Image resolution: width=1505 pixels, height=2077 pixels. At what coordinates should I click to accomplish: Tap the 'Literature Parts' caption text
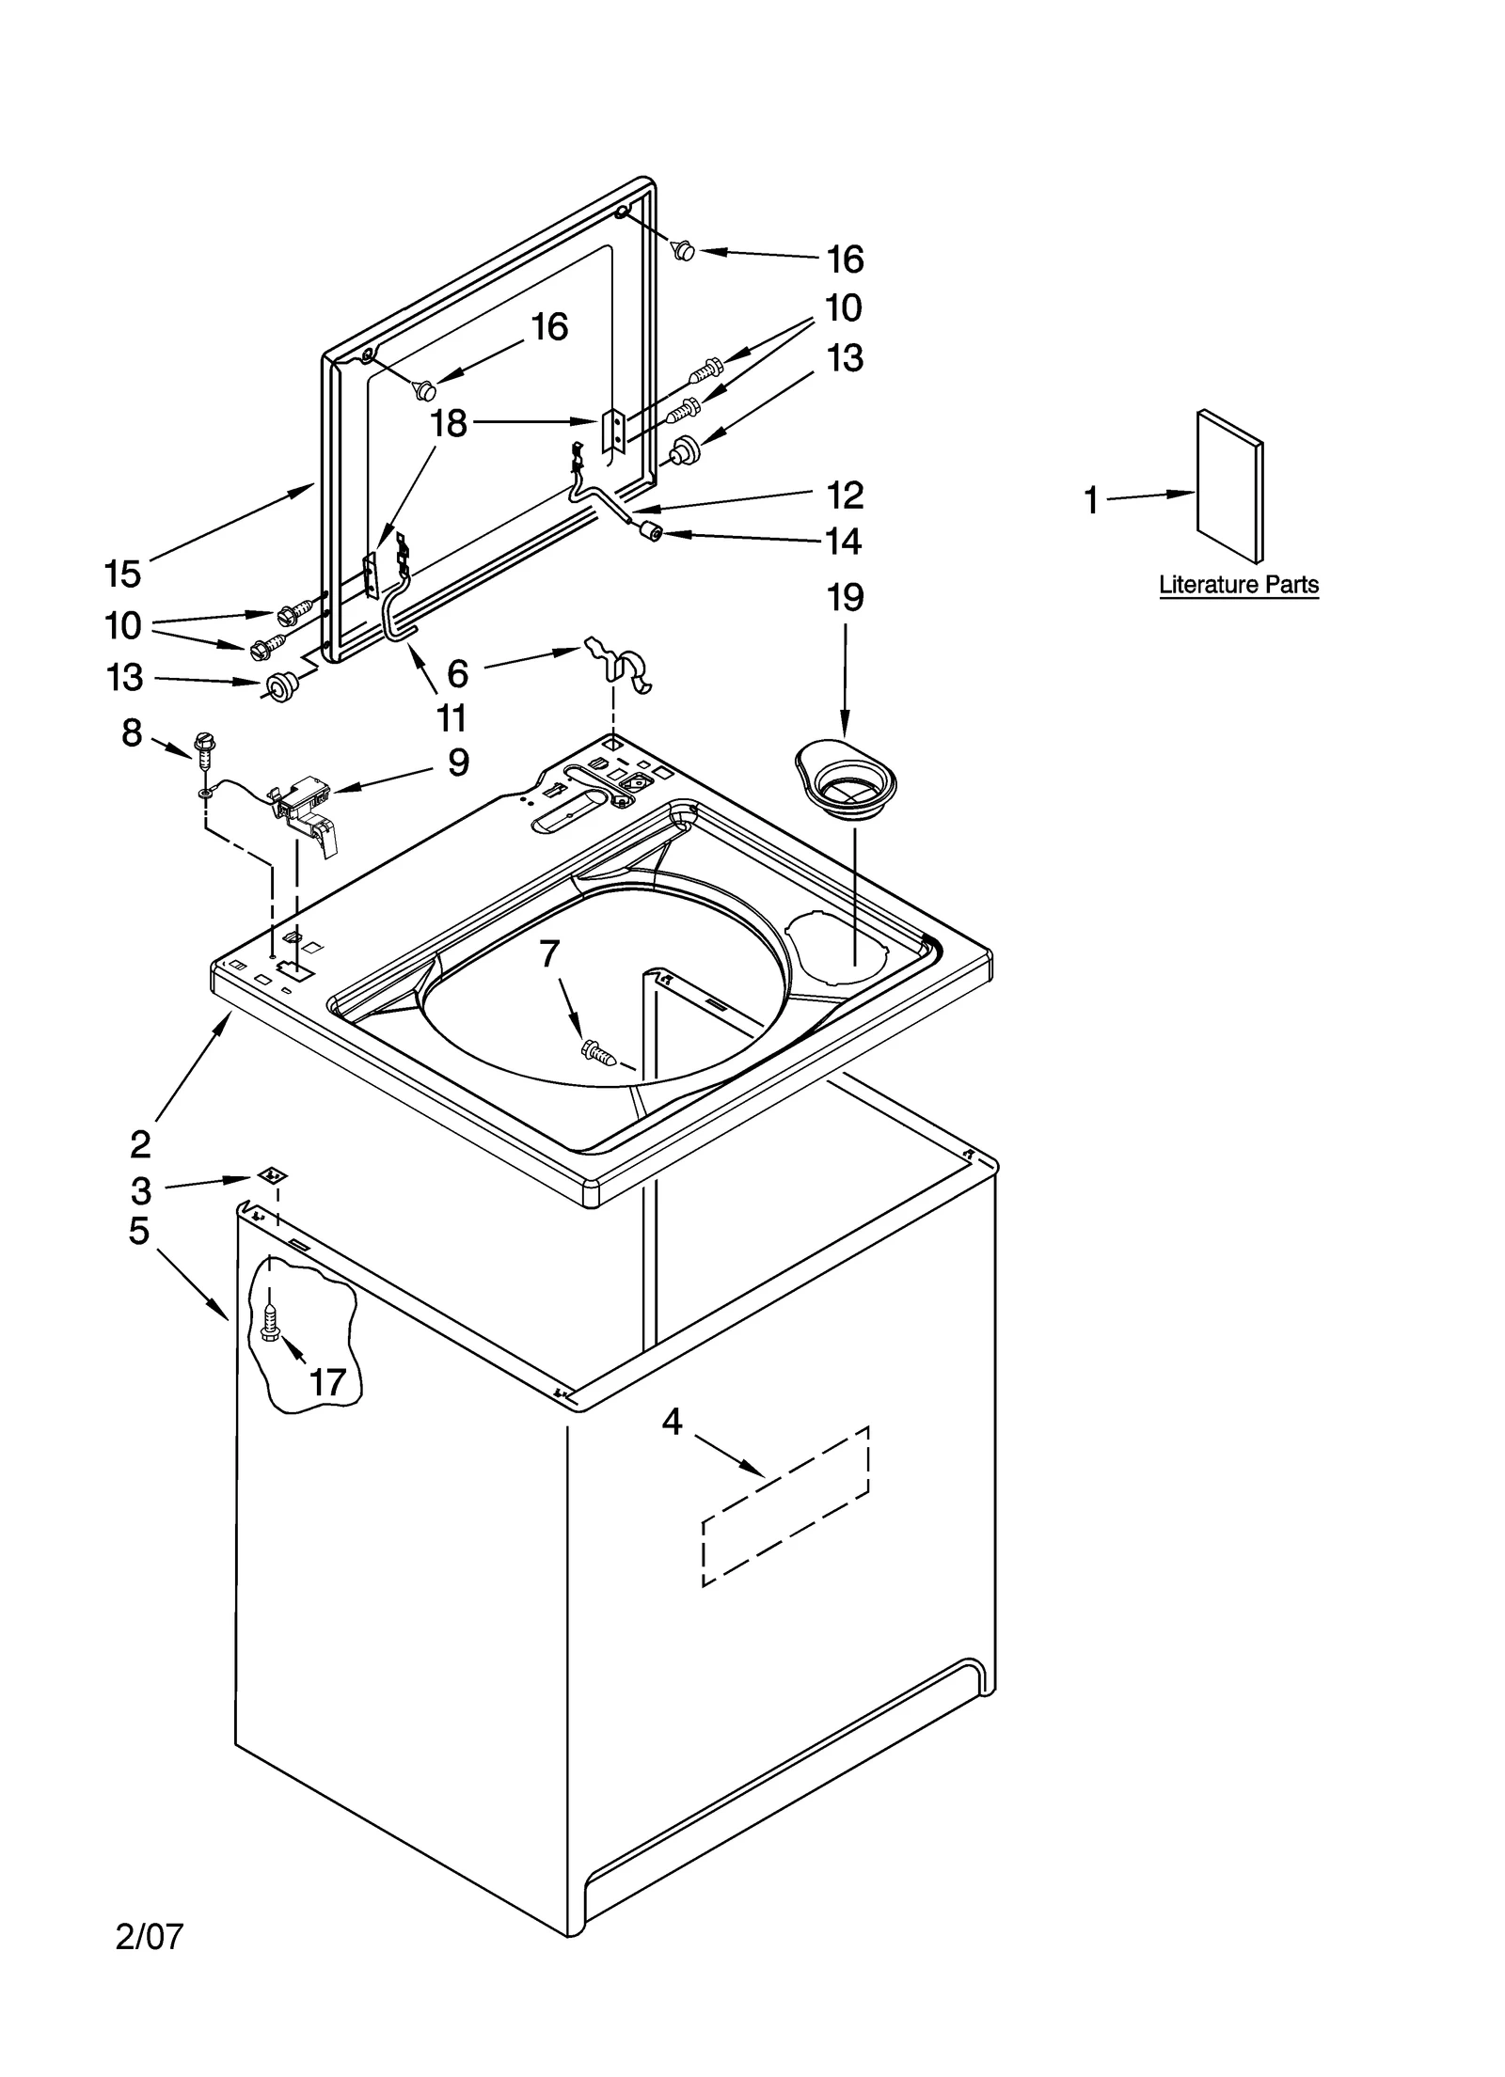click(1238, 585)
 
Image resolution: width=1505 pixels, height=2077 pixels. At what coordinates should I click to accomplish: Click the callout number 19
click(844, 597)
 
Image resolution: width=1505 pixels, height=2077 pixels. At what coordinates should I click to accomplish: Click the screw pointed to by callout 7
click(598, 1050)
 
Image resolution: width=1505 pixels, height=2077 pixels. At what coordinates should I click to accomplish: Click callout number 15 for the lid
click(122, 573)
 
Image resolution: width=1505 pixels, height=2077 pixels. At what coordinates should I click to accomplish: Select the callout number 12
click(844, 495)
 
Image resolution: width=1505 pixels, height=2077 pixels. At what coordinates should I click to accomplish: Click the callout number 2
click(139, 1144)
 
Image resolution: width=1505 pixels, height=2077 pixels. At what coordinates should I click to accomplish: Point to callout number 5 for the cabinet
click(138, 1230)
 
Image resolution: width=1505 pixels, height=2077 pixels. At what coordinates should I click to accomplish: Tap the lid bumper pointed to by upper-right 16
click(685, 250)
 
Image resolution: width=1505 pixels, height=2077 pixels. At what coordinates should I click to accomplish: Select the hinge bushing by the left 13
click(278, 686)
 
